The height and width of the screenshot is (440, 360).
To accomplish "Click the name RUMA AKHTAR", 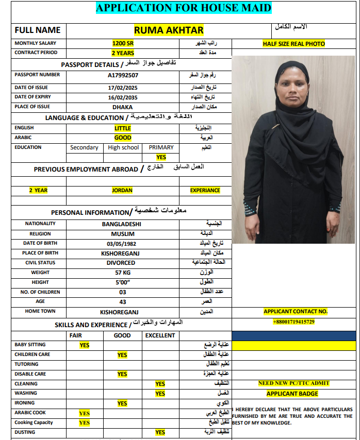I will (x=169, y=30).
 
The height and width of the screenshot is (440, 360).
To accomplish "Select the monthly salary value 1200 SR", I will (x=123, y=43).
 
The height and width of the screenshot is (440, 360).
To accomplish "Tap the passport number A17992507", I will (x=123, y=75).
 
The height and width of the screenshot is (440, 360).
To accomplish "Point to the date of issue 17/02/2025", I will (x=123, y=88).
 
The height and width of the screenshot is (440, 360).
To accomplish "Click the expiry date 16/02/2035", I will (x=123, y=97).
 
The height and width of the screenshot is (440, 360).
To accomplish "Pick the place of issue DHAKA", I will (x=123, y=107).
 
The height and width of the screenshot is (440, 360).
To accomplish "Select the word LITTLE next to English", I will (x=123, y=128).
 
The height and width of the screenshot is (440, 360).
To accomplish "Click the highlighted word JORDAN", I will (x=122, y=190).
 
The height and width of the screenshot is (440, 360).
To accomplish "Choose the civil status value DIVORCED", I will (x=121, y=263).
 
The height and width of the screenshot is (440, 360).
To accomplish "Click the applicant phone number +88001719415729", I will (x=293, y=322).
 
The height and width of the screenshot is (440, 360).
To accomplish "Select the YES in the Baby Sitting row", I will (x=85, y=345).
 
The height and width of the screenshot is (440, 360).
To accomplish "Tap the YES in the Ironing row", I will (x=122, y=403).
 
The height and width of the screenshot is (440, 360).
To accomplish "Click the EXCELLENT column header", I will (x=160, y=335).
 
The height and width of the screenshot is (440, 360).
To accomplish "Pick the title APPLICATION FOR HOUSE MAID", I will (x=184, y=8).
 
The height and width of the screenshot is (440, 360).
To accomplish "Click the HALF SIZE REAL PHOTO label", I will (x=294, y=44).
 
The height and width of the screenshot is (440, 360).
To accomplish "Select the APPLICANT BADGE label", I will (x=292, y=394).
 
